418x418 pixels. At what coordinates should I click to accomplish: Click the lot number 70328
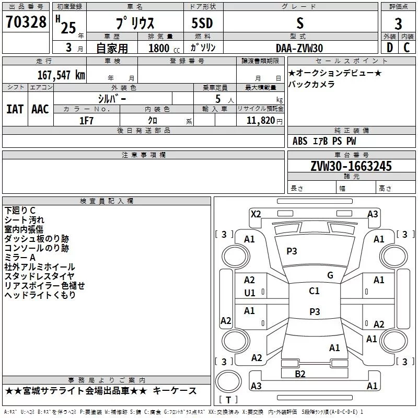coord(26,22)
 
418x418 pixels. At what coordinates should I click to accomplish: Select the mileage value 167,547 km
coord(61,75)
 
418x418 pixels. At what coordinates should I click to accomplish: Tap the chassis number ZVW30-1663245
coord(351,166)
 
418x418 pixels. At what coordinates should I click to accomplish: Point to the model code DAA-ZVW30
coord(299,48)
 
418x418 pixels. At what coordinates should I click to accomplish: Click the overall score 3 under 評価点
coord(398,24)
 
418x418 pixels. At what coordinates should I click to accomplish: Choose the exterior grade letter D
coord(390,48)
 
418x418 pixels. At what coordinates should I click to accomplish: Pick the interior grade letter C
coord(407,48)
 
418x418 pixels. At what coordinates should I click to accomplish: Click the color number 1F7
coord(86,121)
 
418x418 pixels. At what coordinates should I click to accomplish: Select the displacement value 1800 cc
coord(164,48)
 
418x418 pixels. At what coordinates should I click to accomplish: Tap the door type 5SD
coord(202,23)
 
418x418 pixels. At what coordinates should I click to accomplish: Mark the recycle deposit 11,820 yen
coord(264,121)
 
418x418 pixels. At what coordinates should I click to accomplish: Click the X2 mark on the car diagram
coord(256,214)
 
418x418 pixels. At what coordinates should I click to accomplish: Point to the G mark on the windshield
coord(330,275)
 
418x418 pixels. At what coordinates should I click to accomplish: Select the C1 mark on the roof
coord(314,291)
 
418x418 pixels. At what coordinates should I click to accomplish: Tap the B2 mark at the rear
coord(300,374)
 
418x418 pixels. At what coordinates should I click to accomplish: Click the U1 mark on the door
coord(250,293)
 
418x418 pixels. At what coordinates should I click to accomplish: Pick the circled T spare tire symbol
coord(228,381)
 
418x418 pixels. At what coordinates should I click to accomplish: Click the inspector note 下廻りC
coord(20,211)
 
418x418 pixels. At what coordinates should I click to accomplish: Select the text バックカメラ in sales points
coord(311,84)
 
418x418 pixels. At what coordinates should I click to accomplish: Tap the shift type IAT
coord(15,109)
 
